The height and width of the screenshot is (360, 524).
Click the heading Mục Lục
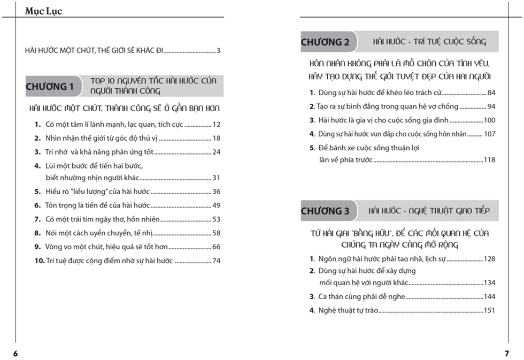click(43, 11)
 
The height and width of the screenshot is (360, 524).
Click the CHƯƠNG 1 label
click(50, 87)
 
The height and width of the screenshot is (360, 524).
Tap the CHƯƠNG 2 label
click(325, 42)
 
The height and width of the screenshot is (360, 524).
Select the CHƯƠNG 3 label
click(325, 211)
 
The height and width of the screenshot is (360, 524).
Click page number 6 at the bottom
click(16, 353)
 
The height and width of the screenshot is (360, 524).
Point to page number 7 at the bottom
click(507, 353)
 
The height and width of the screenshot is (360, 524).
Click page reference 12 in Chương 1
click(217, 125)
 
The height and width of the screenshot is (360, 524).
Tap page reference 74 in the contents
click(217, 261)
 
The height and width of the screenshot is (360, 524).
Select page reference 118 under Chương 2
click(489, 160)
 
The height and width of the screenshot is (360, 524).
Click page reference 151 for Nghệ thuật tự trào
click(489, 310)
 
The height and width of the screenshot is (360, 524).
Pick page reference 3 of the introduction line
click(219, 51)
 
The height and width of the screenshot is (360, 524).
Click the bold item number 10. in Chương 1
click(38, 261)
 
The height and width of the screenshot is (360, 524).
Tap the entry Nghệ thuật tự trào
click(348, 310)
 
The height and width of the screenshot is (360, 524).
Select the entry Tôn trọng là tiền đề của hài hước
click(98, 205)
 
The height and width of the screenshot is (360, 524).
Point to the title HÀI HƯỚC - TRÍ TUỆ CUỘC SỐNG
click(429, 42)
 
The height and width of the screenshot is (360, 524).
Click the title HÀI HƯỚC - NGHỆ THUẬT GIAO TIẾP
click(429, 211)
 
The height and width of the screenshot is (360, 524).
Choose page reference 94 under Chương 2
click(491, 106)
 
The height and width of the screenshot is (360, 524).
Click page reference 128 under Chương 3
click(489, 259)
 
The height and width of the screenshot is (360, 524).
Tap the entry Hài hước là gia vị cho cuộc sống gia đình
click(383, 120)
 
